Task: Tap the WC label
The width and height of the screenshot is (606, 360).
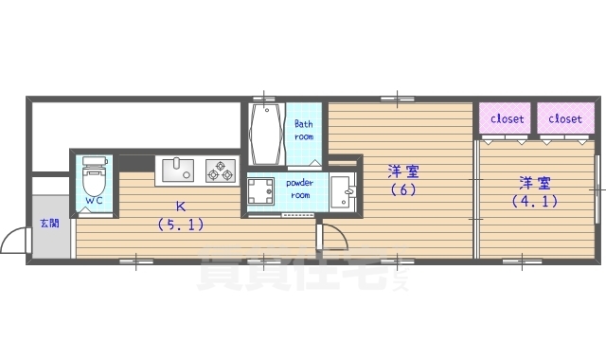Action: tap(95, 201)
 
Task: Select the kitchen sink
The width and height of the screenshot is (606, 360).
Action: tap(177, 171)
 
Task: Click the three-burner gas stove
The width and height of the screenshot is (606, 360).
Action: tap(221, 171)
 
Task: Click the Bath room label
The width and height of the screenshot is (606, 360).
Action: tap(304, 130)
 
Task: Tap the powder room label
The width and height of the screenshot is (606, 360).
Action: tap(299, 188)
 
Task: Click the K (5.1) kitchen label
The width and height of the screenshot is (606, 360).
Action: tap(179, 215)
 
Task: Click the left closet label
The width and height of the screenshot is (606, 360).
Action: tap(507, 119)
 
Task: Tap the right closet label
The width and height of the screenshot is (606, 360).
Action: tap(565, 119)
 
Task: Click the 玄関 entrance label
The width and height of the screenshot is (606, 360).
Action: tap(48, 224)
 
